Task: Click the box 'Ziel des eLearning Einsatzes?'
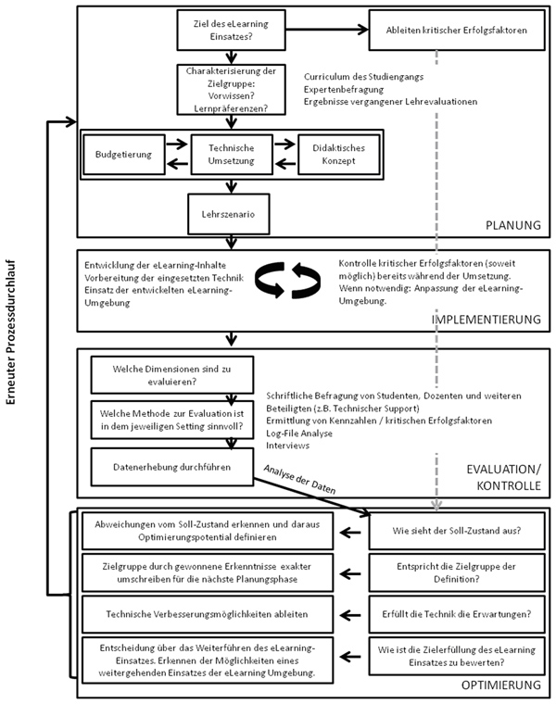[x=231, y=30]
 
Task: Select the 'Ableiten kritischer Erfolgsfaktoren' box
[x=457, y=30]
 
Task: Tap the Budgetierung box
[x=124, y=155]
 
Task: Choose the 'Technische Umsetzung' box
[x=232, y=155]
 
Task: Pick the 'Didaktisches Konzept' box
[x=338, y=155]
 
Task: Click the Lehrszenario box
[x=228, y=214]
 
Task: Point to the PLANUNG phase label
[x=513, y=225]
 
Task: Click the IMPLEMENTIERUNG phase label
[x=486, y=320]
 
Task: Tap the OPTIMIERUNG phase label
[x=501, y=685]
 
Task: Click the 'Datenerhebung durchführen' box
[x=172, y=467]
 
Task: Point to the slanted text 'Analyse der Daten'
[x=299, y=479]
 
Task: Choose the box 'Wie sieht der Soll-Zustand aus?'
[x=457, y=531]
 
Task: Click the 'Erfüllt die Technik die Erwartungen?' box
[x=457, y=614]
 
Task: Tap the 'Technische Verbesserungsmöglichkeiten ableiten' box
[x=208, y=614]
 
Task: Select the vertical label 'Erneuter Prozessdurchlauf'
[x=11, y=332]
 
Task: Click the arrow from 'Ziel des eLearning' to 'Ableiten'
[x=327, y=30]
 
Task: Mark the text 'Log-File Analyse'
[x=299, y=434]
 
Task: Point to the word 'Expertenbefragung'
[x=344, y=89]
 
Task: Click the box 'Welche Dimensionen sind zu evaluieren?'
[x=172, y=375]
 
